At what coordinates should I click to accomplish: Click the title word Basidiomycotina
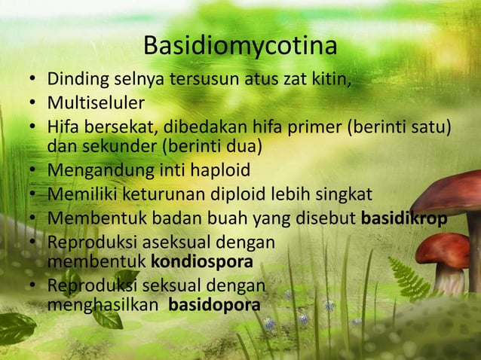[240, 46]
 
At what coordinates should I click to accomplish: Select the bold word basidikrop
[404, 219]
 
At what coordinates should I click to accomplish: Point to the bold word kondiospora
[202, 262]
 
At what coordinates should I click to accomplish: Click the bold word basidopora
[215, 305]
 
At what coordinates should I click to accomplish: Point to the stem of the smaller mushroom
[450, 279]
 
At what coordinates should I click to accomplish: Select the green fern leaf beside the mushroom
[408, 278]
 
